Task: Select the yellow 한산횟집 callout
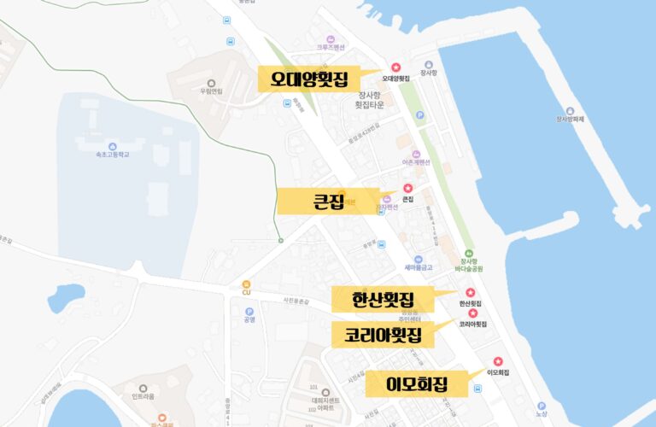pos(383,300)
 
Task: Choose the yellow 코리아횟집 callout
pos(383,335)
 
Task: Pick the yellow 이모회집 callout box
pos(418,384)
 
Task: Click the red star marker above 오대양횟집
pos(395,67)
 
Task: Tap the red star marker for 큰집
pos(407,188)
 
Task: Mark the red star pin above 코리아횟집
pos(472,313)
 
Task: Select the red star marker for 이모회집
pos(497,361)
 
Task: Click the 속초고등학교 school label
pos(113,155)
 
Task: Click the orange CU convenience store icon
pos(246,284)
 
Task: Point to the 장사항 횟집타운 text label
pos(370,100)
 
